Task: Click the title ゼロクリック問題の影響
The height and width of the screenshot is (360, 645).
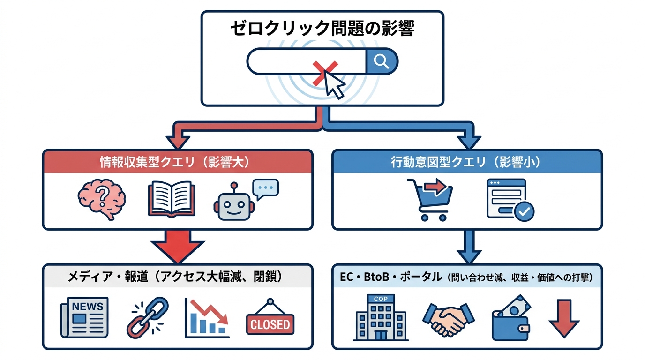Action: tap(322, 29)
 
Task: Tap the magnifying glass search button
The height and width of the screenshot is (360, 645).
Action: tap(382, 61)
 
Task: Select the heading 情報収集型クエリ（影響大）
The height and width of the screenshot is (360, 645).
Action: tap(178, 162)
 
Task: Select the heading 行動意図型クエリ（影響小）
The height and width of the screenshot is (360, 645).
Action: tap(467, 162)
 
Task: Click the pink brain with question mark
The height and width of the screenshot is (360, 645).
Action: tap(102, 199)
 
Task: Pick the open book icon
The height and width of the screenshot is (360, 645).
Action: tap(171, 199)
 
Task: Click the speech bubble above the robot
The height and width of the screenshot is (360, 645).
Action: tap(265, 188)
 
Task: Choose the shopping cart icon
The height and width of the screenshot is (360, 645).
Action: tap(429, 199)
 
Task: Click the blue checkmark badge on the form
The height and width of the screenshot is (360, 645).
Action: tap(524, 211)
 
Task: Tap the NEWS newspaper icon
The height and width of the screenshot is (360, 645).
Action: tap(84, 317)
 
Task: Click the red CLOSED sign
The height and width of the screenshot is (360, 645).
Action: tap(270, 319)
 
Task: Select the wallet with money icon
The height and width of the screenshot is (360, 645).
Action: tap(510, 319)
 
